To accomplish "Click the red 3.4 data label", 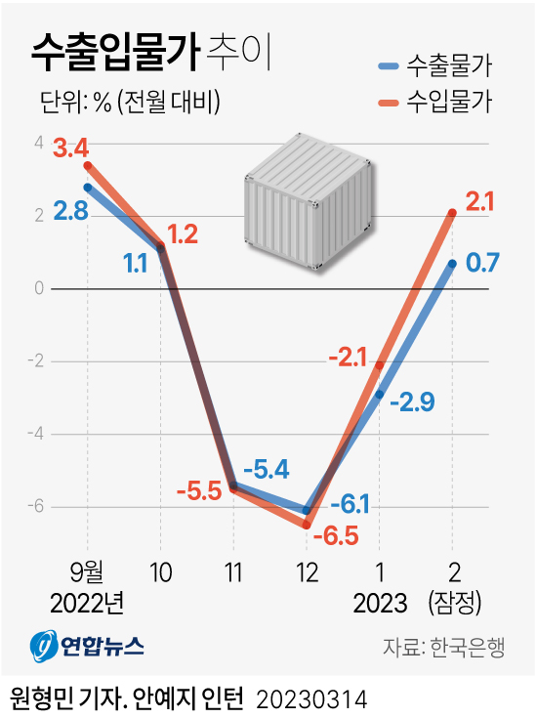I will (x=71, y=148).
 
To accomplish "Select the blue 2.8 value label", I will (x=71, y=210).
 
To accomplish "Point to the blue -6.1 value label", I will (x=349, y=504).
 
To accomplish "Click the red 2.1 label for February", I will (x=480, y=202).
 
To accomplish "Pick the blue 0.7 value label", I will (x=483, y=263).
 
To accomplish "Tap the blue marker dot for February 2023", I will (x=452, y=263).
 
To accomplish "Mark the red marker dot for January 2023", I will (x=379, y=365).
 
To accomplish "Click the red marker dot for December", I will (x=307, y=526).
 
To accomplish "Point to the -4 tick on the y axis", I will (x=38, y=434).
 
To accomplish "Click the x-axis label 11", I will (x=233, y=570).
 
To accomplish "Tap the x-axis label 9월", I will (x=87, y=570).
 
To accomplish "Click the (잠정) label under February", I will (x=453, y=603).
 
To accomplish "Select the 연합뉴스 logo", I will (x=86, y=646).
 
